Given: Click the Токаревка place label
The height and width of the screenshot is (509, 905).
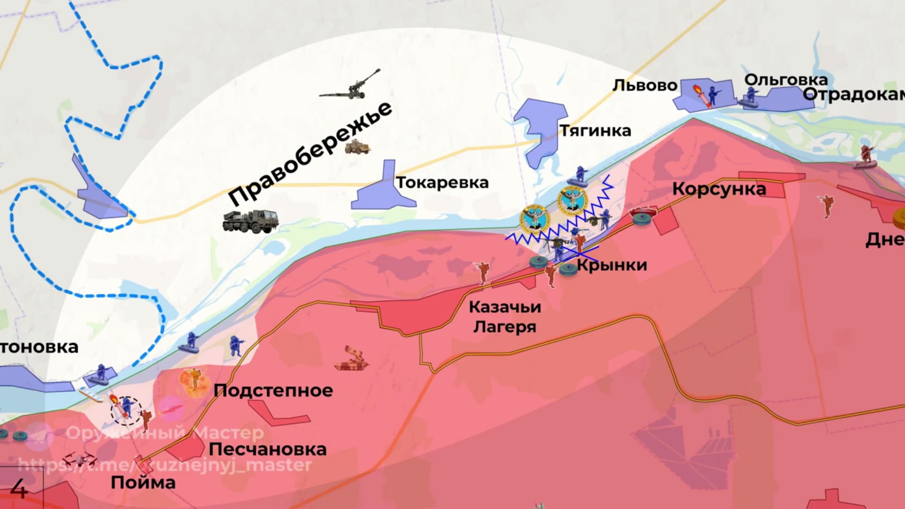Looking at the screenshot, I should pos(442,183).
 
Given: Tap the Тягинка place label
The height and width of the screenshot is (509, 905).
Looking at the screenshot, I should pos(595,131).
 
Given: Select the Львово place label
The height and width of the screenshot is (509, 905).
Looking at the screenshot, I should pos(644,86).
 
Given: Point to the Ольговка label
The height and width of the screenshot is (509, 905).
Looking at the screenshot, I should pos(786,80).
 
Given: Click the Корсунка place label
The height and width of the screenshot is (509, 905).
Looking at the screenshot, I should pos(719,189).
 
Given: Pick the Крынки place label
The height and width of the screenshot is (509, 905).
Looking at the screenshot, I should pos(612,265).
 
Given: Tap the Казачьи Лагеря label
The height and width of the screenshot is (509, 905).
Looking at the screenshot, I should pos(505,317).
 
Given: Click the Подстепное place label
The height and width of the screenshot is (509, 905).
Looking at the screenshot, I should pos(273,391).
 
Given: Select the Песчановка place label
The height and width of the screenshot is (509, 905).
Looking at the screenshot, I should pos(267,450).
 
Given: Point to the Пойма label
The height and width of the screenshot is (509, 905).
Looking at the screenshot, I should pos(143,483).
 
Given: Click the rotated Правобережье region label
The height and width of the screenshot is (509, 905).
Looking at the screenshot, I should pos(310,154).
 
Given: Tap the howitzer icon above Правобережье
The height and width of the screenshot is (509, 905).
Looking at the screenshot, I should pos(351,87).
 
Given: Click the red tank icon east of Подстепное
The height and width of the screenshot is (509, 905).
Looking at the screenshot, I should pos(351,360).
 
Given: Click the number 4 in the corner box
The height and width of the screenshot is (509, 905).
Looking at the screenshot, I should pos(19,489).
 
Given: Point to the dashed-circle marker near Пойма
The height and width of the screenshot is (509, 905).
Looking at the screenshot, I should pos(126,410).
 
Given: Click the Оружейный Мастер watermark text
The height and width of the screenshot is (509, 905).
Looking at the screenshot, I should pos(165,433).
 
